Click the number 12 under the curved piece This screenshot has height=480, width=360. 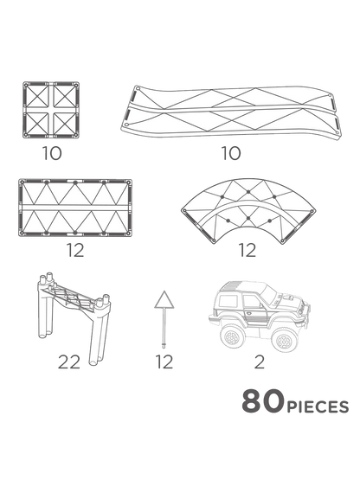pyautogui.click(x=248, y=251)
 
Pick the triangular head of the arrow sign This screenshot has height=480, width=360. pyautogui.click(x=160, y=299)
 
